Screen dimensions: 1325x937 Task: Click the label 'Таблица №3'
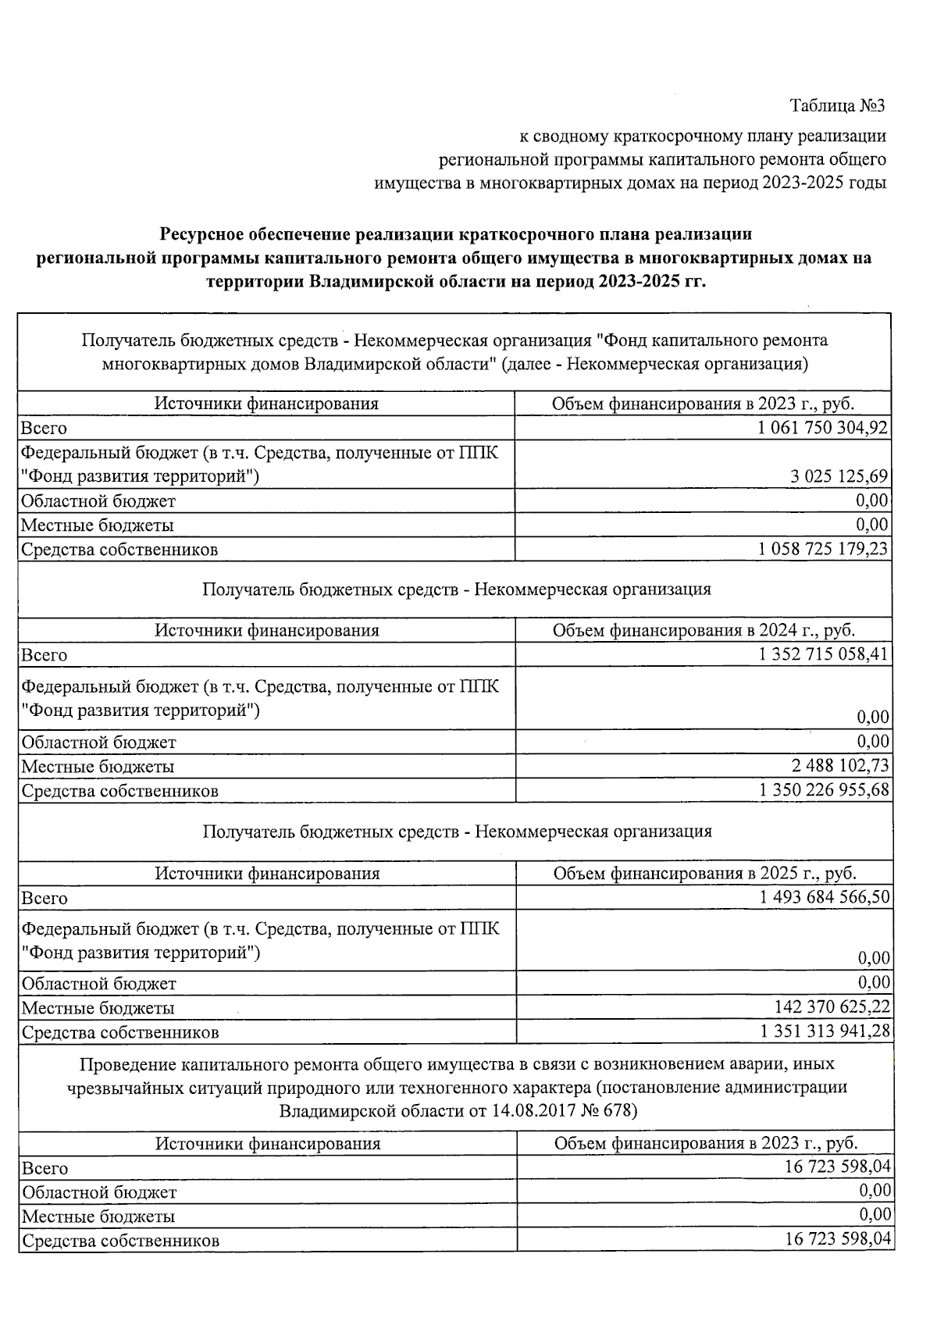(837, 105)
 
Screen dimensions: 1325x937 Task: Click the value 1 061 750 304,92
(822, 428)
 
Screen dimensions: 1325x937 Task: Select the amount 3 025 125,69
(839, 476)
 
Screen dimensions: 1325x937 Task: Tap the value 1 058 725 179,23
(822, 549)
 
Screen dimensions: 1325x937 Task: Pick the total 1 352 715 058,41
(823, 654)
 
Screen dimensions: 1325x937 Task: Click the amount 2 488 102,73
(840, 765)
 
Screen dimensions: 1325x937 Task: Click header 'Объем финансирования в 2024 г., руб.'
(704, 630)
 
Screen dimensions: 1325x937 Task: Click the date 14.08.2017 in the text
(533, 1110)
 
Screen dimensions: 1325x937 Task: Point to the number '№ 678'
(611, 1110)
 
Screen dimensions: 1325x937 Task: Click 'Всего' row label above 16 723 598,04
(45, 1169)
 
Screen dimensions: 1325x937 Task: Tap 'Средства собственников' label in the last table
(120, 1241)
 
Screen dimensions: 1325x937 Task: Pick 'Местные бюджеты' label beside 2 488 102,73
(98, 767)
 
